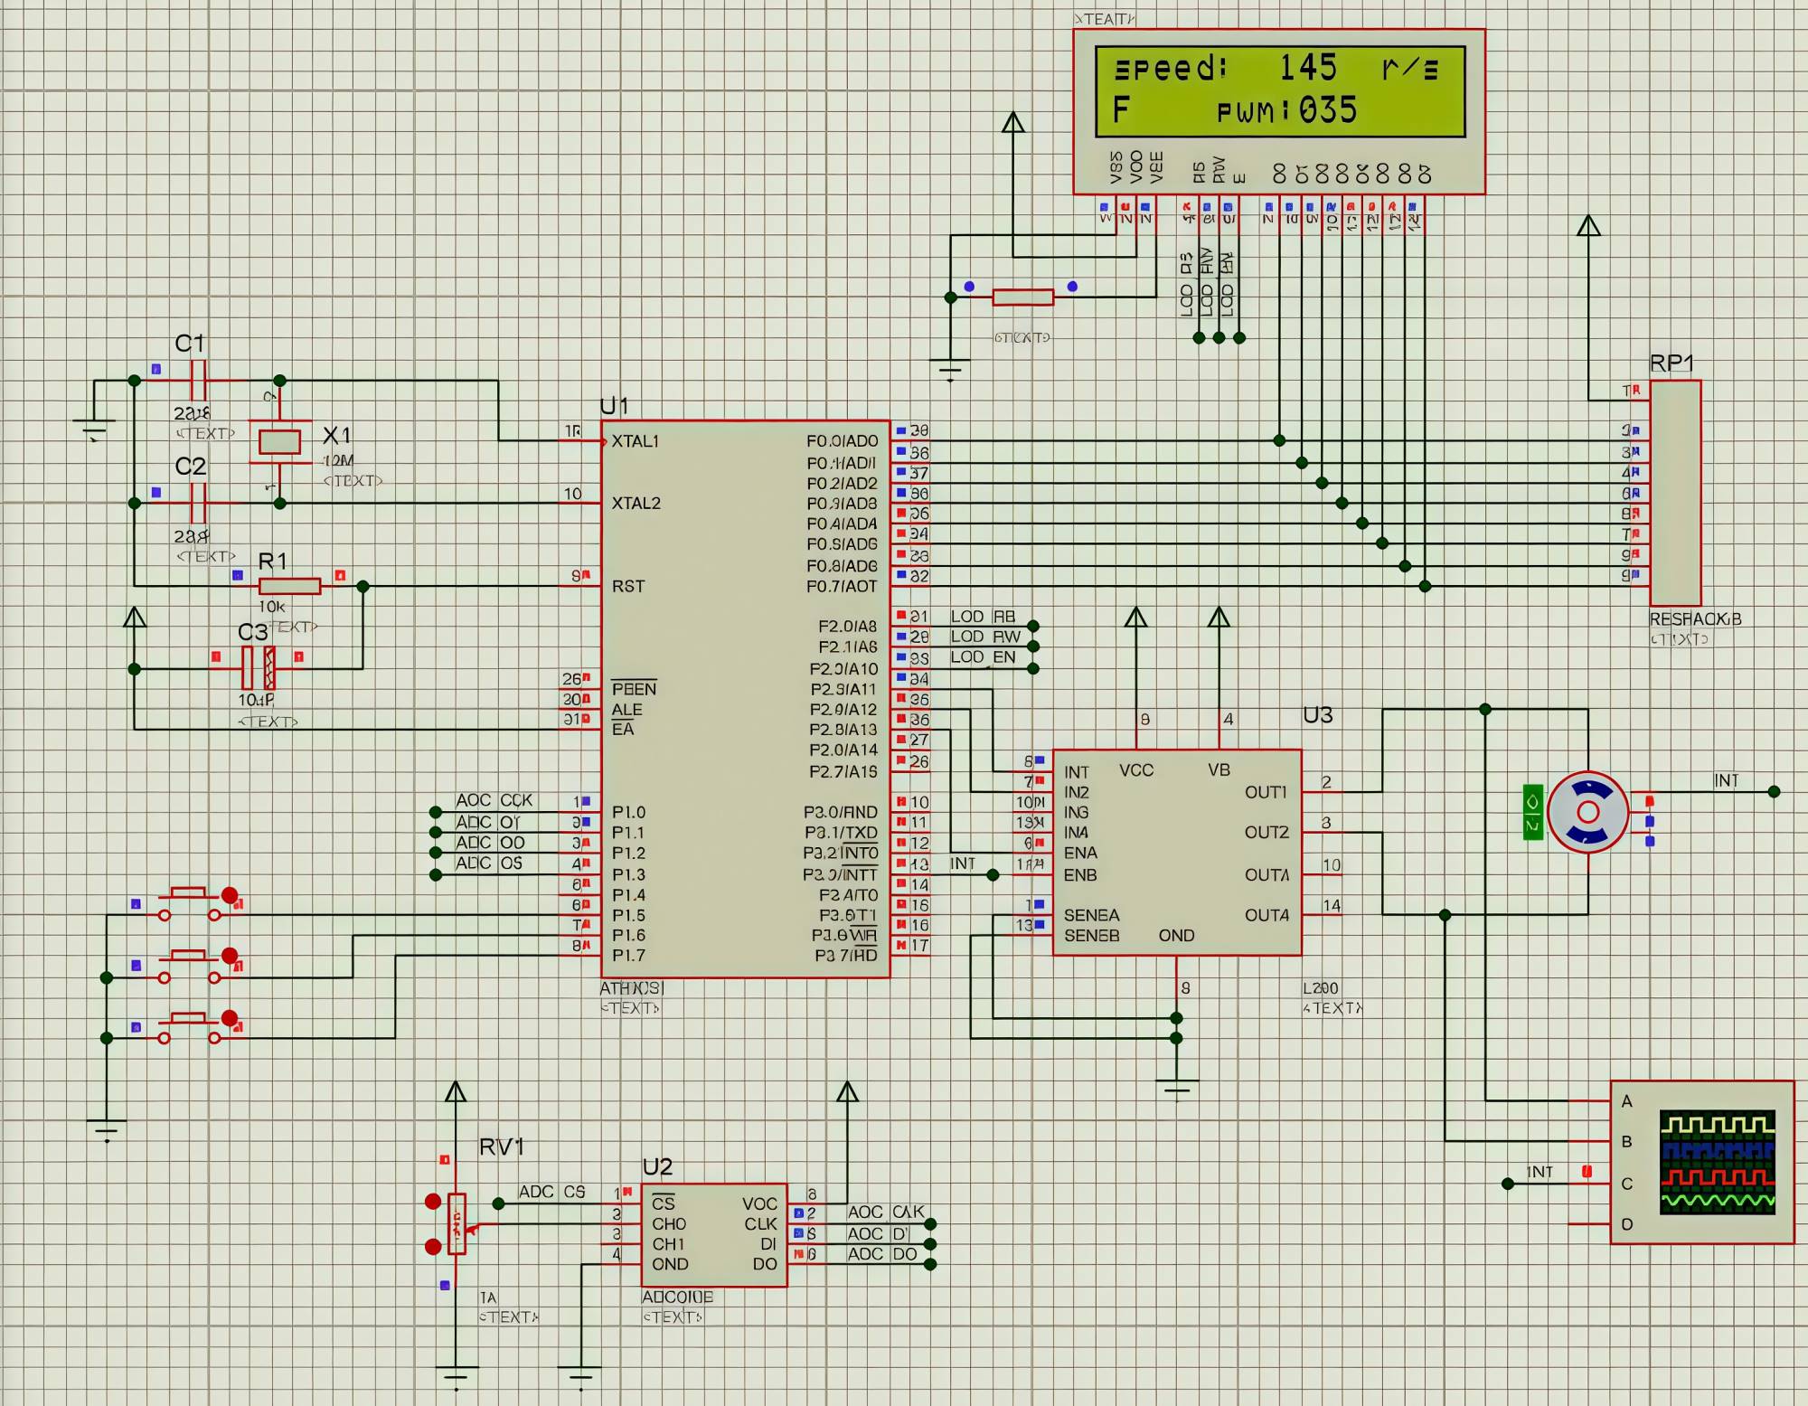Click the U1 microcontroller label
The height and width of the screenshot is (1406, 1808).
pyautogui.click(x=614, y=406)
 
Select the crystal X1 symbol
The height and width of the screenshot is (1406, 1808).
pyautogui.click(x=279, y=441)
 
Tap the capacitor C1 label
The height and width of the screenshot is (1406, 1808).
pyautogui.click(x=189, y=344)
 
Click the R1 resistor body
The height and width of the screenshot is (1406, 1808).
pyautogui.click(x=289, y=586)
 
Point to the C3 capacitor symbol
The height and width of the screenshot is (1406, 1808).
pyautogui.click(x=258, y=668)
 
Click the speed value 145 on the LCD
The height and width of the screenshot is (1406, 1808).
pyautogui.click(x=1307, y=68)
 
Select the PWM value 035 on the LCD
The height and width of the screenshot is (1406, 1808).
pyautogui.click(x=1328, y=110)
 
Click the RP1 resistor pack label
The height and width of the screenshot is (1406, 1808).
pyautogui.click(x=1671, y=363)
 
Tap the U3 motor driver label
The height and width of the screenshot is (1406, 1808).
pyautogui.click(x=1317, y=715)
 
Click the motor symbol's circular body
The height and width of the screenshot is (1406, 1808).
pyautogui.click(x=1587, y=811)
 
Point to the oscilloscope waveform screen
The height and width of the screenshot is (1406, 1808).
pyautogui.click(x=1717, y=1161)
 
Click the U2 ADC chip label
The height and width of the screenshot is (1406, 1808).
pyautogui.click(x=657, y=1166)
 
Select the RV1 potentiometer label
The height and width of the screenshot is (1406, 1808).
pyautogui.click(x=501, y=1147)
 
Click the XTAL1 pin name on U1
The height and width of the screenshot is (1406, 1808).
pyautogui.click(x=635, y=441)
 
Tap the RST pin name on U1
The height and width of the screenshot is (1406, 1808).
pyautogui.click(x=628, y=586)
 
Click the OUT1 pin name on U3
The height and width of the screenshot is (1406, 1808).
pyautogui.click(x=1266, y=792)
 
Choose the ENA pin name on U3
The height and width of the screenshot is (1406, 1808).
pyautogui.click(x=1080, y=853)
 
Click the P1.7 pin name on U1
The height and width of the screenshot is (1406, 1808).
pyautogui.click(x=628, y=955)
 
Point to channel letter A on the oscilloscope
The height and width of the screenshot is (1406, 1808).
pyautogui.click(x=1626, y=1101)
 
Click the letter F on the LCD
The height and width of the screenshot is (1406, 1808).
pyautogui.click(x=1121, y=110)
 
